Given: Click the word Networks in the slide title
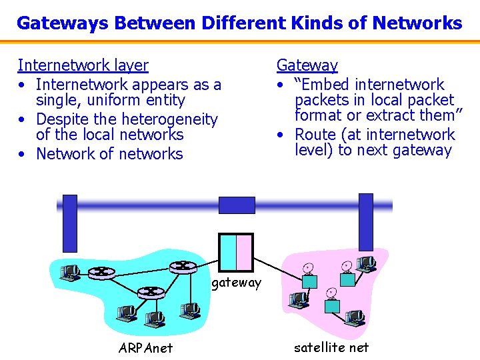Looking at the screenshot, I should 417,23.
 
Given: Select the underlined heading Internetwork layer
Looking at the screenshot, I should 83,65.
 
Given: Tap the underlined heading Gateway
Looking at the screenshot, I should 307,65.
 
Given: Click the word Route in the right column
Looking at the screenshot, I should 317,135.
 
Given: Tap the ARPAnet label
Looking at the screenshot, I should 145,348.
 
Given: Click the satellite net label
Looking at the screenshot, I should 331,347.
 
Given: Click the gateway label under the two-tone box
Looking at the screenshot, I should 237,283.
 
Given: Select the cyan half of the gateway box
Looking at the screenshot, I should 227,252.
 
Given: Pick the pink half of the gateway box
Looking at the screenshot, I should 244,252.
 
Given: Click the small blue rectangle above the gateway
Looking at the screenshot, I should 237,205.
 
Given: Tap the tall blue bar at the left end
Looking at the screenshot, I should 69,223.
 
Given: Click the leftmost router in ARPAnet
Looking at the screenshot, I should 101,271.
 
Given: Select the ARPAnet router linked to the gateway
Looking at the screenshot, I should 181,266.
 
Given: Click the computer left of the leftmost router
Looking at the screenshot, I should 69,271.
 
